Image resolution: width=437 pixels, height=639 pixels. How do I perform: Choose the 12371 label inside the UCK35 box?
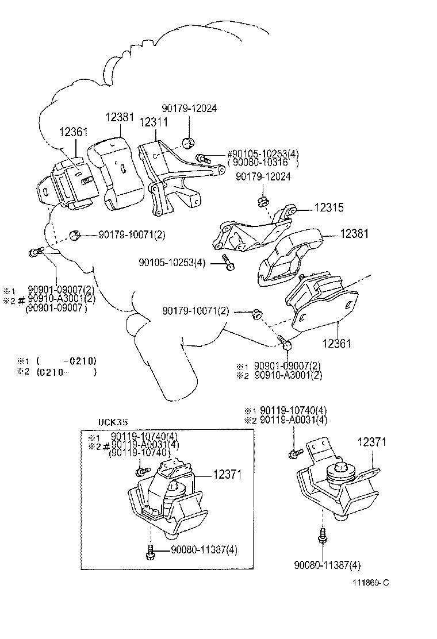tap(227, 475)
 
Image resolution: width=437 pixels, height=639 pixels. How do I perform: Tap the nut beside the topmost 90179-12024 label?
tap(187, 142)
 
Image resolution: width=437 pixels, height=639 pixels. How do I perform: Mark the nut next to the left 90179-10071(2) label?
tap(74, 234)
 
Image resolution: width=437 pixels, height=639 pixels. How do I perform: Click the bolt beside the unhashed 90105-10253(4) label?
tap(228, 264)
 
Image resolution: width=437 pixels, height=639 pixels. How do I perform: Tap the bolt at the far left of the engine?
tap(33, 252)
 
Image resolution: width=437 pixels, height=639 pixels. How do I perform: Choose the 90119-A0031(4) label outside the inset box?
tap(293, 420)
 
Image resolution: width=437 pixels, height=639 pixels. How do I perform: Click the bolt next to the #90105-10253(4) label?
tap(201, 157)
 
